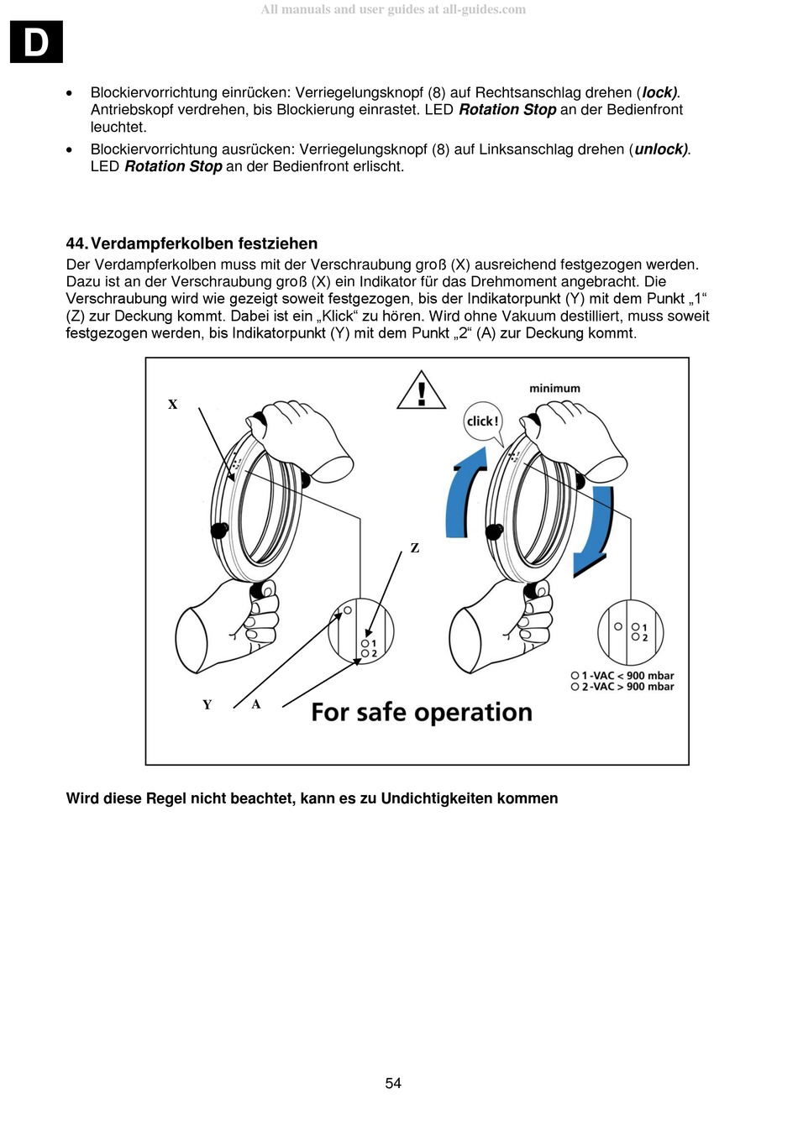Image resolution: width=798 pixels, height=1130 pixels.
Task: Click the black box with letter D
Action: click(x=36, y=42)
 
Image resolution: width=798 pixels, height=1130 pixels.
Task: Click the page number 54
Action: click(x=393, y=1083)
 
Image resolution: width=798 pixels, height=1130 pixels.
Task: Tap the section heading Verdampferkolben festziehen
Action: click(x=203, y=243)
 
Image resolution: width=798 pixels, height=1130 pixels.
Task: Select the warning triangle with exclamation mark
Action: click(x=422, y=391)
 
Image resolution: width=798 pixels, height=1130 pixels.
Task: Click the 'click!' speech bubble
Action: click(x=482, y=421)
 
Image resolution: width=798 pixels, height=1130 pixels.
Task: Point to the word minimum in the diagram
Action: click(x=554, y=388)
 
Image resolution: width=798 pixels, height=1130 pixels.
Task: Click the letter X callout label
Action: click(x=172, y=405)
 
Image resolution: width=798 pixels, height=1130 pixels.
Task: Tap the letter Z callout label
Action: click(x=414, y=548)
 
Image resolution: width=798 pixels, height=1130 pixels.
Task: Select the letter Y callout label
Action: click(x=207, y=704)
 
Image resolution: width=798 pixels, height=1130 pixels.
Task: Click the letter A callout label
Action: click(x=256, y=704)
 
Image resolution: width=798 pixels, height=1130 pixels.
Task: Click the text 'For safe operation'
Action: click(x=422, y=712)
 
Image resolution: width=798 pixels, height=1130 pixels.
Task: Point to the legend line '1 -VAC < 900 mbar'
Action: click(x=622, y=676)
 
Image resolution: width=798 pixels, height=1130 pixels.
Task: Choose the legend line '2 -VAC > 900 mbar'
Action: click(x=622, y=687)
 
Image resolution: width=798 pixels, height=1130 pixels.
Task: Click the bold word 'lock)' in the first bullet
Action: click(x=659, y=92)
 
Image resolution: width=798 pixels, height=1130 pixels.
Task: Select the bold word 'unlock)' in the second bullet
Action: click(x=661, y=149)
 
